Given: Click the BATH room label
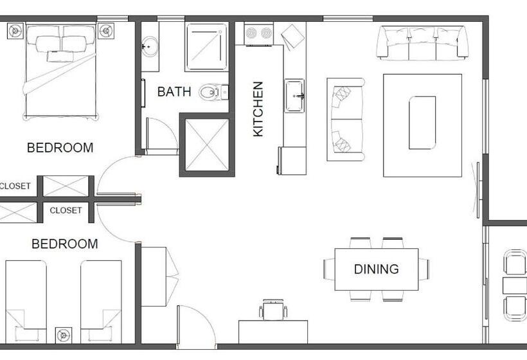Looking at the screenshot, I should tap(174, 92).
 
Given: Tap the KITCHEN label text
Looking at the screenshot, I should tap(258, 108).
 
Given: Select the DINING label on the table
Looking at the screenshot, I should tap(376, 269).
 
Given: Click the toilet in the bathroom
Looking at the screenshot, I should tap(210, 93).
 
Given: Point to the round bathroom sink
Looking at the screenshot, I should tap(150, 46).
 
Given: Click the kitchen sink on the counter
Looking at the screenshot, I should tap(294, 96).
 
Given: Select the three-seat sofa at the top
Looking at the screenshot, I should tap(422, 42).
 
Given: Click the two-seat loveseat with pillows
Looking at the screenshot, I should tap(344, 120).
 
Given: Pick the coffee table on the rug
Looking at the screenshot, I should tap(422, 122).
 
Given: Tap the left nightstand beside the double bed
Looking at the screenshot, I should tap(15, 30).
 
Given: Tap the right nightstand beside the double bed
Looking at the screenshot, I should tap(106, 30).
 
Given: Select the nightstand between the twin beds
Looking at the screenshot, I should tap(63, 334).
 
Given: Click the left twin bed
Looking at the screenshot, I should tap(26, 301).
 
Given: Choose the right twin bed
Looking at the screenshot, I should tap(101, 301).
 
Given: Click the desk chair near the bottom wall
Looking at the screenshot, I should tap(273, 311).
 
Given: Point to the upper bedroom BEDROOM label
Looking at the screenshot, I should tap(60, 148).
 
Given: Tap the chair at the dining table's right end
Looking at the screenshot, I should tap(424, 269).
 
